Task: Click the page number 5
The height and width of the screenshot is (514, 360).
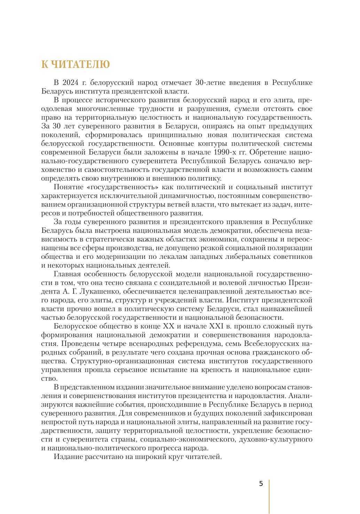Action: pos(261,484)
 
